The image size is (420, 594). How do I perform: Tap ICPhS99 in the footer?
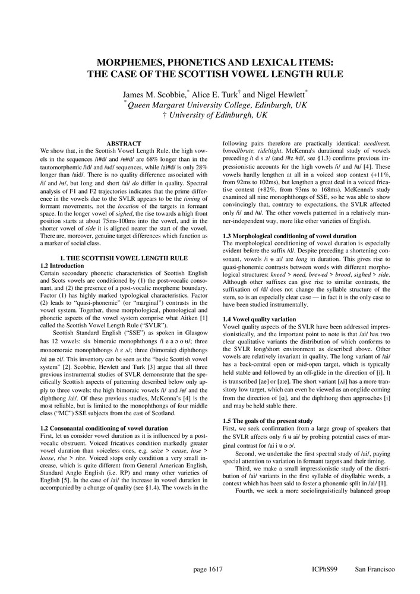click(x=324, y=569)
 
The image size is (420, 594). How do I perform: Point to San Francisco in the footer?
click(x=374, y=569)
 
